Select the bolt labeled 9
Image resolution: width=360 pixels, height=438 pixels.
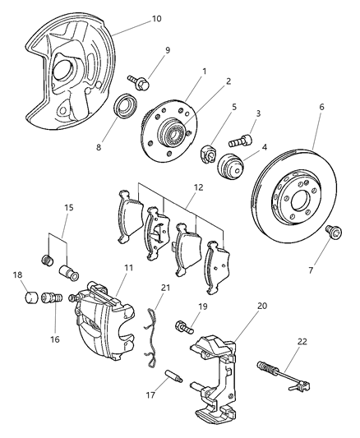137,81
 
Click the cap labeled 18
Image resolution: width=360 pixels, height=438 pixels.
30,297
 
